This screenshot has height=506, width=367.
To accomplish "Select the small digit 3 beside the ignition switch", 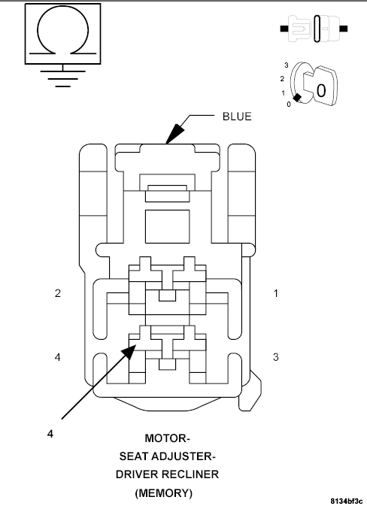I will point(287,65).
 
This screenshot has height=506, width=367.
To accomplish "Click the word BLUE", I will point(236,117).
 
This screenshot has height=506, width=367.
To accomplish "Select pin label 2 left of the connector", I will point(57,293).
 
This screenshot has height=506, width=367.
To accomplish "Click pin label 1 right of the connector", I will point(276,293).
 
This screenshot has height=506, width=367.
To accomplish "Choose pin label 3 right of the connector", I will point(276,356).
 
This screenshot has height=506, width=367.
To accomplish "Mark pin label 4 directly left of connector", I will point(57,356).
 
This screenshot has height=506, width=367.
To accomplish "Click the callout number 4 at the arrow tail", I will point(50,434).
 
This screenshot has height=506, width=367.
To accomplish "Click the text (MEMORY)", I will point(165,493).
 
